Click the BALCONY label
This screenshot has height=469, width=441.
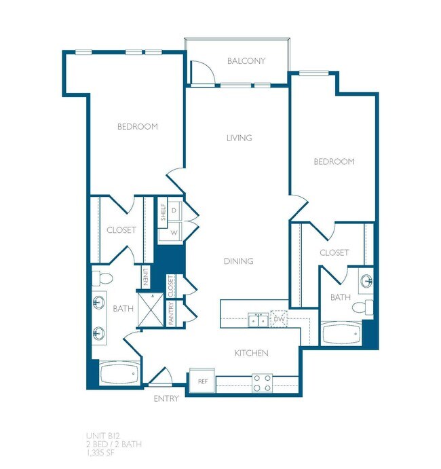click(246, 61)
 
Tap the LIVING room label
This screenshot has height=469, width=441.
click(239, 138)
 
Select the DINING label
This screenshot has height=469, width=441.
click(238, 261)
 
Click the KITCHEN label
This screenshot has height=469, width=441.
click(251, 353)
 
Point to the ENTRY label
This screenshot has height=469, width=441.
click(166, 398)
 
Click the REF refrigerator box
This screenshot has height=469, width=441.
click(202, 381)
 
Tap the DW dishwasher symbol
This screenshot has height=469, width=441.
click(279, 319)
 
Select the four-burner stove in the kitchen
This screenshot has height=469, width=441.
click(262, 383)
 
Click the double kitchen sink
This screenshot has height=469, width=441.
click(257, 320)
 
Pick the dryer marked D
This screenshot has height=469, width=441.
click(174, 212)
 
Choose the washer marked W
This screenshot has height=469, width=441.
click(174, 232)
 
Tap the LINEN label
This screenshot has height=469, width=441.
click(147, 277)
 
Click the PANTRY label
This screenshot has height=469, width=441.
click(172, 314)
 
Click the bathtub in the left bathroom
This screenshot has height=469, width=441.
click(119, 374)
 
